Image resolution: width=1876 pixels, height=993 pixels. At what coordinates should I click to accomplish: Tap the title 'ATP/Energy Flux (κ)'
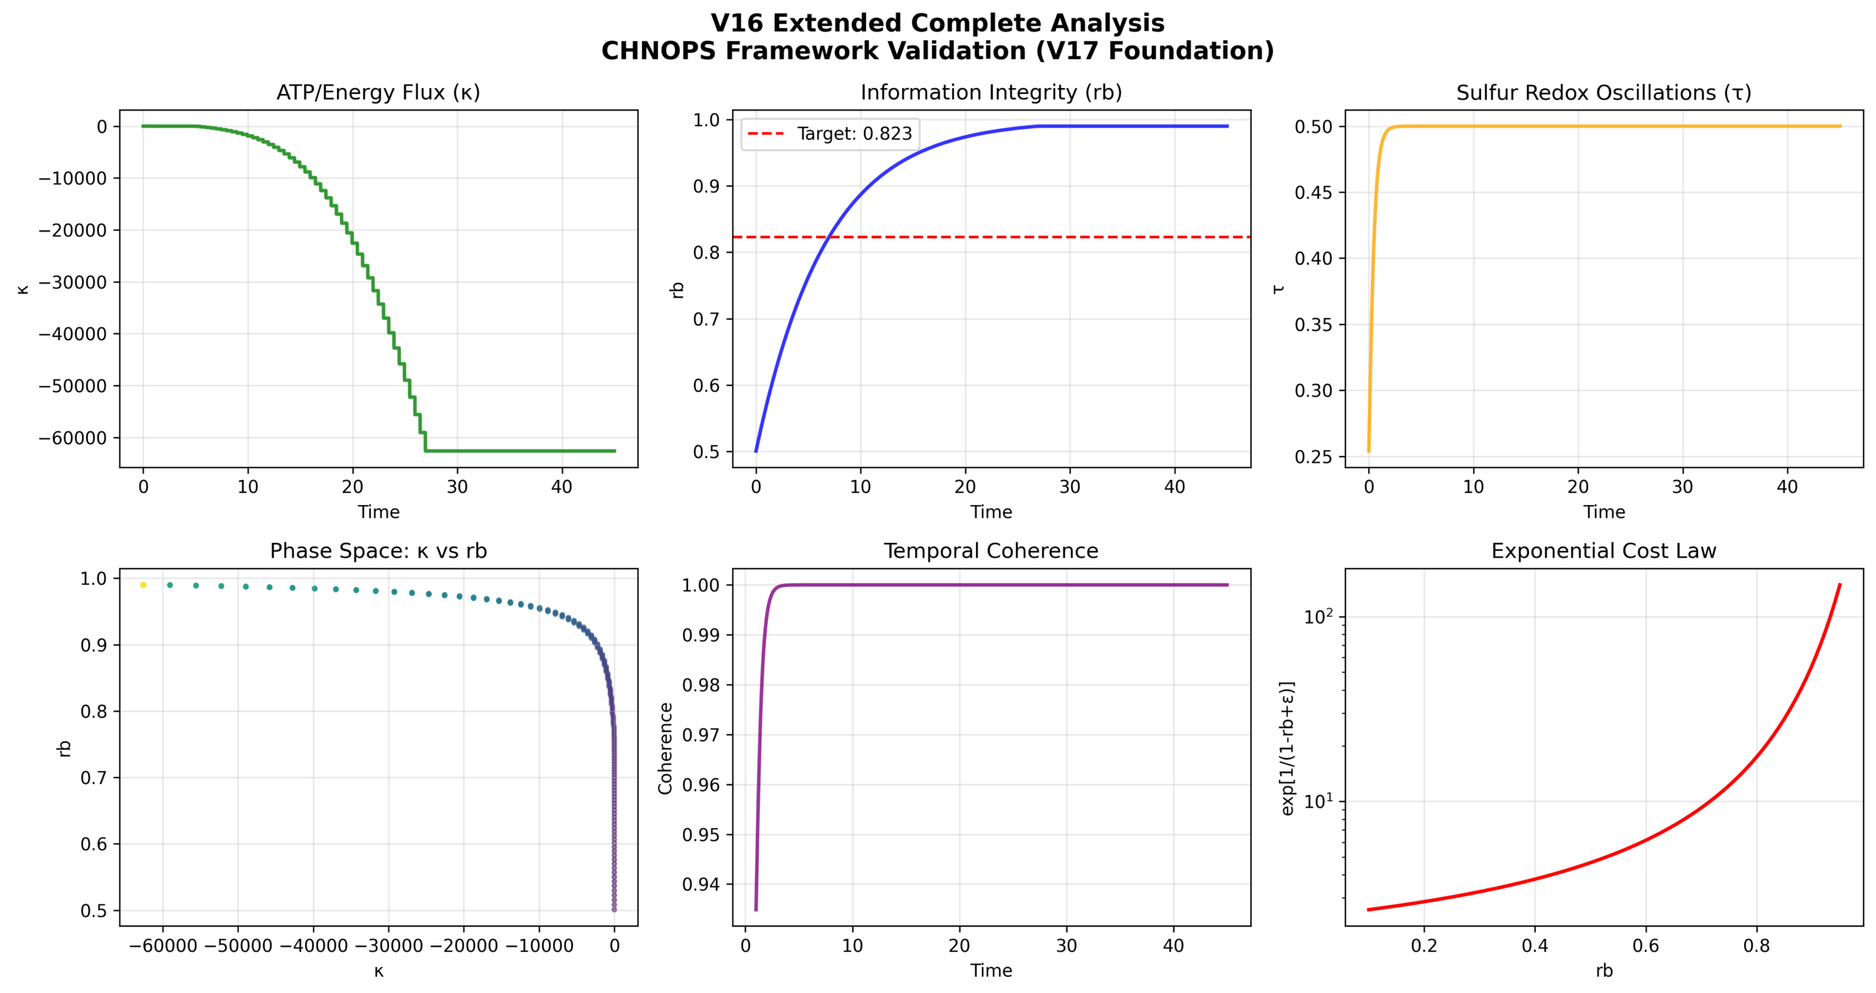pyautogui.click(x=378, y=92)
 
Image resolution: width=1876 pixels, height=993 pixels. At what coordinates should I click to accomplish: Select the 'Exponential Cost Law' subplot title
pyautogui.click(x=1603, y=551)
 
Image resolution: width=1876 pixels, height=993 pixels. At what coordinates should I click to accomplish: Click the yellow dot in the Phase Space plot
pyautogui.click(x=143, y=585)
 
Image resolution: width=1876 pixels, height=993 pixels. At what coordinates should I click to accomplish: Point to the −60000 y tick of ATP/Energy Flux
pyautogui.click(x=73, y=438)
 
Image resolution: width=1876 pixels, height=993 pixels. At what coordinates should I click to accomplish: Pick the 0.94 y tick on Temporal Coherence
pyautogui.click(x=701, y=885)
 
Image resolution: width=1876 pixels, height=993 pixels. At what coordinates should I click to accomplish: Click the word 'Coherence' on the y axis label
pyautogui.click(x=665, y=748)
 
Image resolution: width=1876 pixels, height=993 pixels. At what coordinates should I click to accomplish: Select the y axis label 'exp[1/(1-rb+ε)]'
pyautogui.click(x=1287, y=748)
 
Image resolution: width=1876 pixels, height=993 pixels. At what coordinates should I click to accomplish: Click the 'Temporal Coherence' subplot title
pyautogui.click(x=991, y=551)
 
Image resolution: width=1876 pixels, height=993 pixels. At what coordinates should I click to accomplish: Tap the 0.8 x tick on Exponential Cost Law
pyautogui.click(x=1757, y=946)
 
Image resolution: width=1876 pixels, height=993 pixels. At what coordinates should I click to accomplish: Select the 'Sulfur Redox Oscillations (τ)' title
pyautogui.click(x=1603, y=92)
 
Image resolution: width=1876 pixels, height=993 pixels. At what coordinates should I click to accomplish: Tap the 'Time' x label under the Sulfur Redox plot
pyautogui.click(x=1603, y=512)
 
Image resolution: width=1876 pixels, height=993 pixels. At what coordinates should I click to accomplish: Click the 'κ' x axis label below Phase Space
pyautogui.click(x=378, y=972)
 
